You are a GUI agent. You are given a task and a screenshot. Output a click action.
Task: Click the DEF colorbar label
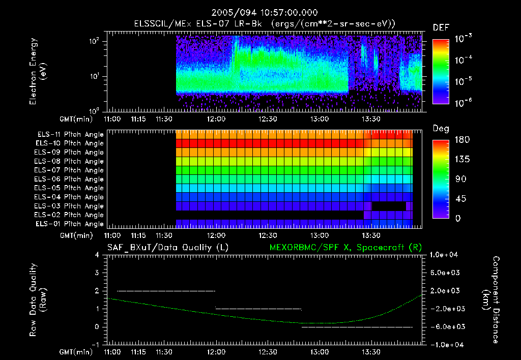pyautogui.click(x=441, y=28)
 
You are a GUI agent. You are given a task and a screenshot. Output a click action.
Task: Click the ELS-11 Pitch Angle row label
pyautogui.click(x=70, y=134)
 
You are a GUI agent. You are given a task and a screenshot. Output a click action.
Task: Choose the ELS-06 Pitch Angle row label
pyautogui.click(x=70, y=179)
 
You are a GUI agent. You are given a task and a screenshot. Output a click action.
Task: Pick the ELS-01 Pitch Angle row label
pyautogui.click(x=70, y=224)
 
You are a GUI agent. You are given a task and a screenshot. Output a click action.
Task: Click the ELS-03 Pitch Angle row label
pyautogui.click(x=70, y=206)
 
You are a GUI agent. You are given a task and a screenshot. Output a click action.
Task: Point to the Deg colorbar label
pyautogui.click(x=441, y=129)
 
